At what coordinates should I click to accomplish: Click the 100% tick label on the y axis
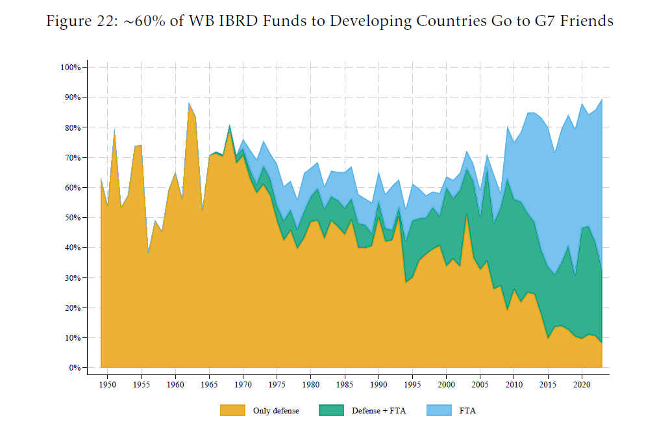click(x=70, y=67)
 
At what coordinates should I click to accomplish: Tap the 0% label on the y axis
click(x=75, y=368)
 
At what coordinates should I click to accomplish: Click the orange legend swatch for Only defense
click(x=232, y=410)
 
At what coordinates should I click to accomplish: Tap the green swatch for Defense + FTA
click(x=332, y=410)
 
